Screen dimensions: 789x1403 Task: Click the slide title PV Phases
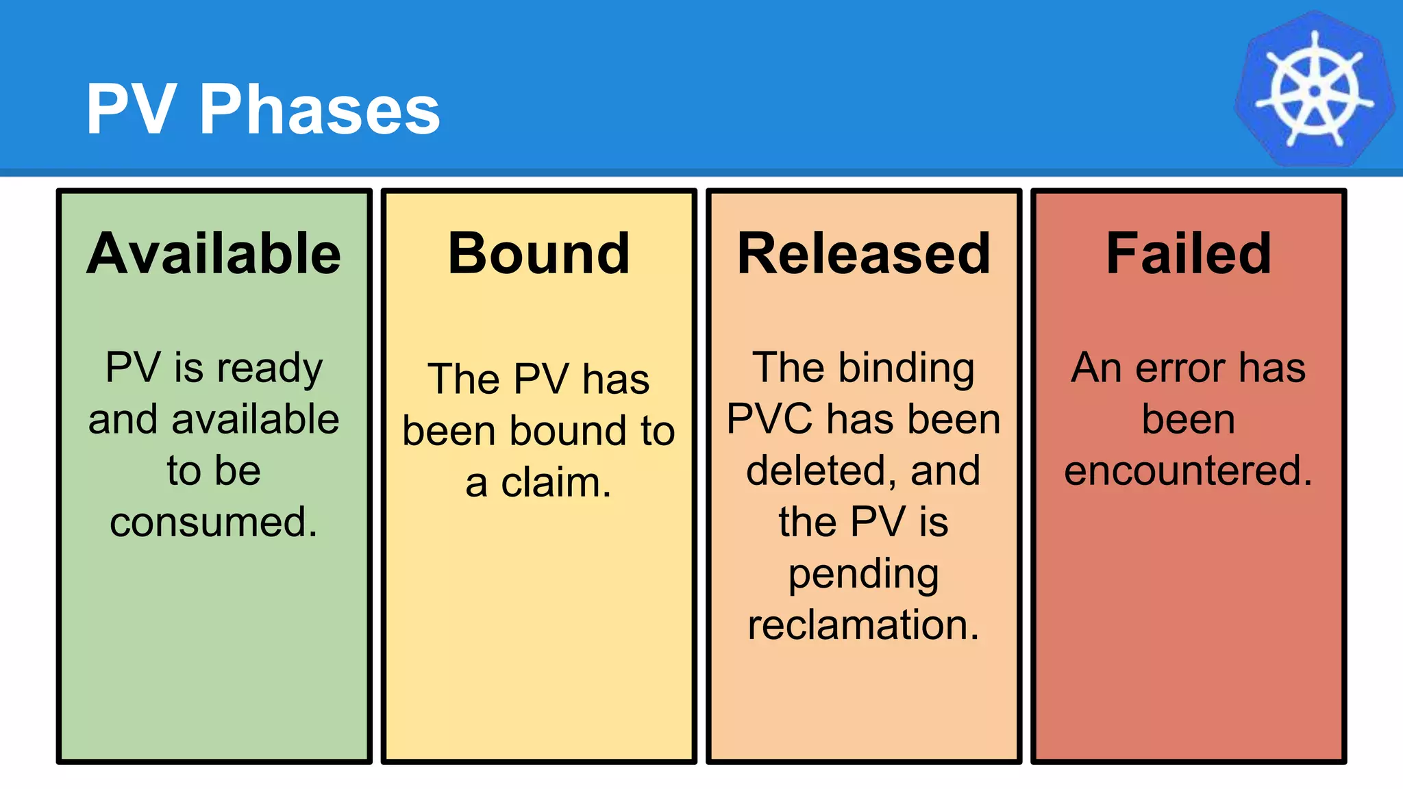click(x=262, y=110)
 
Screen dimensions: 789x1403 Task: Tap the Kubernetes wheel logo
click(x=1314, y=90)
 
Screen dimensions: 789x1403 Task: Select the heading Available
click(x=214, y=253)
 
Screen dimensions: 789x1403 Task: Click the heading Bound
click(x=538, y=253)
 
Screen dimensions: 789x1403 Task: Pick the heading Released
click(x=863, y=253)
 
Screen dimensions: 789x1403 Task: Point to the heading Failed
click(x=1189, y=253)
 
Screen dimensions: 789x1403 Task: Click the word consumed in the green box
click(x=214, y=522)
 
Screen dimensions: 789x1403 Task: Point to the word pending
click(x=863, y=575)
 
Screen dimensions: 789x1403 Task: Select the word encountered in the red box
click(x=1189, y=471)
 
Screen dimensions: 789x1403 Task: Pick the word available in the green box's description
click(x=255, y=419)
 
